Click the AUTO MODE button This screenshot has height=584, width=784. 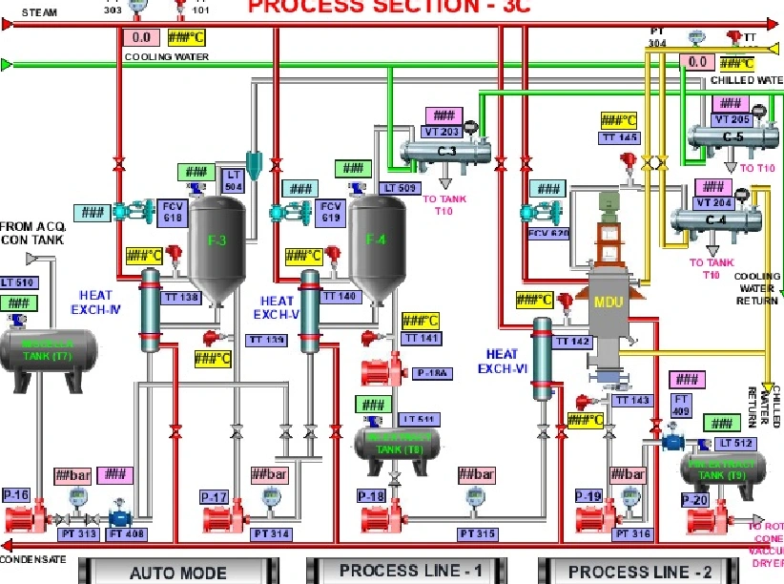177,573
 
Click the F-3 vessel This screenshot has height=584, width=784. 217,241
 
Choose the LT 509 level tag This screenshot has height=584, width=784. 398,188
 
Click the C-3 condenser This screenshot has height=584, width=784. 446,152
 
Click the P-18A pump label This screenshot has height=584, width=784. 431,373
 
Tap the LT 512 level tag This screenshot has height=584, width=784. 736,443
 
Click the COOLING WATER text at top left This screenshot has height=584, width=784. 166,56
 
